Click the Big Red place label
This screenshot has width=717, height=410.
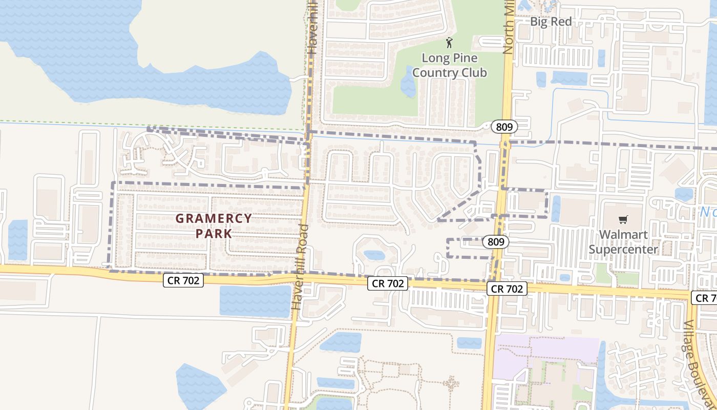(551, 22)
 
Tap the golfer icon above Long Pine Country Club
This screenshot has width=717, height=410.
(450, 43)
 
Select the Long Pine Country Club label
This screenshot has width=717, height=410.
(450, 66)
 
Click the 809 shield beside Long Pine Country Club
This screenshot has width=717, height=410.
(503, 127)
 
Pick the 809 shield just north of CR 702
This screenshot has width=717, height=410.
(496, 242)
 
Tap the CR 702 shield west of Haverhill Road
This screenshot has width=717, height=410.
(183, 280)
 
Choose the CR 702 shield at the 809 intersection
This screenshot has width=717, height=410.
(507, 289)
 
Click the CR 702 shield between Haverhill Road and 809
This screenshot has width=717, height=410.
(387, 283)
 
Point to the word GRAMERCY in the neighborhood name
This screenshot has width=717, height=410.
(214, 218)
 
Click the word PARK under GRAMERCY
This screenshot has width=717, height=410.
(214, 234)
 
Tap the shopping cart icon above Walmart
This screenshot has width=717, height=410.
(623, 220)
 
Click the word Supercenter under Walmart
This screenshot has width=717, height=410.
(623, 250)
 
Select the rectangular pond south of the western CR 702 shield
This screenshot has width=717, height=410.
(255, 301)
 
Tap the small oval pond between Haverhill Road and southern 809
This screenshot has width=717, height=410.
(374, 255)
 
